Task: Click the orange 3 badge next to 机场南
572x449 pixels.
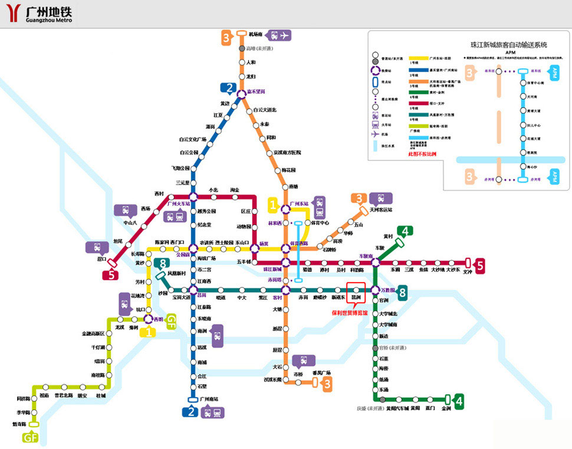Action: point(226,38)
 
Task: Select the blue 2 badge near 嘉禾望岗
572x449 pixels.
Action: point(228,89)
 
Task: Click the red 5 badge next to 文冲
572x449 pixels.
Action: point(480,266)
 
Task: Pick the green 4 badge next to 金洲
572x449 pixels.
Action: point(458,402)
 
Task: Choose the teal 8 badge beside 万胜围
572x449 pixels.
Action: point(402,291)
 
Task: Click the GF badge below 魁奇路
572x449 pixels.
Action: point(31,437)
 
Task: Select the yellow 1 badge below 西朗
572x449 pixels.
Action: point(147,332)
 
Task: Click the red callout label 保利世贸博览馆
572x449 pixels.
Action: point(350,313)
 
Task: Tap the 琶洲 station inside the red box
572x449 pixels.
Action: point(356,290)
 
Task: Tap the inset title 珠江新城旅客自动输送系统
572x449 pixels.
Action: point(508,44)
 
